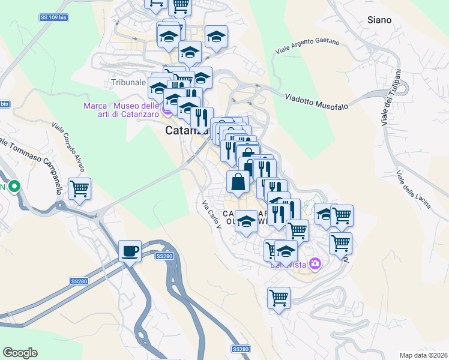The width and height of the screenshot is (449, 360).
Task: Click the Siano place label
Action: (379, 20)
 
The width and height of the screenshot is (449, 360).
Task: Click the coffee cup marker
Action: (130, 251)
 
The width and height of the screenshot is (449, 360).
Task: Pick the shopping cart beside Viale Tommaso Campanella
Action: (79, 189)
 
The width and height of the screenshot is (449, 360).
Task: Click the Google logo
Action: (20, 353)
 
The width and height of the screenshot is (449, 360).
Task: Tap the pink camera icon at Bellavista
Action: (315, 263)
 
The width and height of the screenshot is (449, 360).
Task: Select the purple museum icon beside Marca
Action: (167, 110)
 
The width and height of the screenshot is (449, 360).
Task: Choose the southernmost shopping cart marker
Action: (279, 297)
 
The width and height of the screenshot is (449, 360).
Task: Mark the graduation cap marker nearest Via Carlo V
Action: (246, 222)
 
